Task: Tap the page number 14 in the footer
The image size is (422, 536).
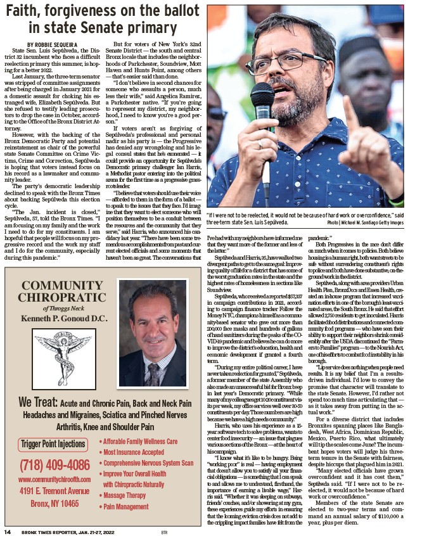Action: (x=8, y=531)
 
